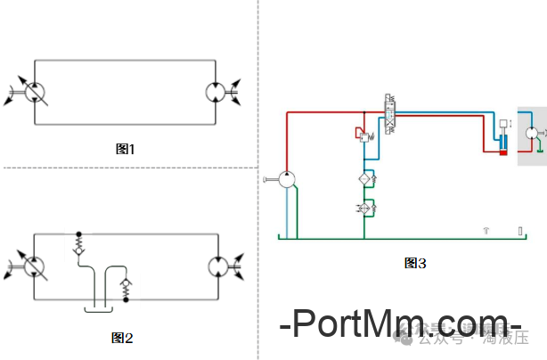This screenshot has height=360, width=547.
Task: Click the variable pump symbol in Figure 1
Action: point(34,92)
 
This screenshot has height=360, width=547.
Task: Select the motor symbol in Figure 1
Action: point(216,92)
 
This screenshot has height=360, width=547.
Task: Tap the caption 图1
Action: point(126,149)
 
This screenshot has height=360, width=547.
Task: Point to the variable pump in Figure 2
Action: point(34,266)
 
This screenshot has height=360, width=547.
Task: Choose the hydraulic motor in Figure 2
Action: point(216,266)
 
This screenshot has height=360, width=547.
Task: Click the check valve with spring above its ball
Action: point(78,244)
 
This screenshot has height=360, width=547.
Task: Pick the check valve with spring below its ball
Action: point(125,288)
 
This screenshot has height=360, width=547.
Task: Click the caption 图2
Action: point(122,338)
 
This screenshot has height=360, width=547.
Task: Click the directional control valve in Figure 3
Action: point(389,114)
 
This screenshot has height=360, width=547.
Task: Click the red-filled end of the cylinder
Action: point(503,152)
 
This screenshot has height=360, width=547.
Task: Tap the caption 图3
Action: point(415,263)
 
